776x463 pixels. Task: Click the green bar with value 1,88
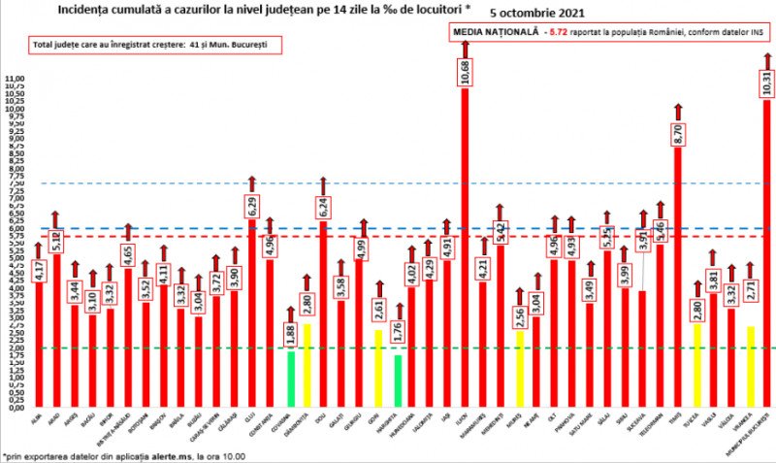[x=290, y=379]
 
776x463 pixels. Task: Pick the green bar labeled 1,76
[x=397, y=380]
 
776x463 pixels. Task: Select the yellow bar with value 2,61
[x=378, y=368]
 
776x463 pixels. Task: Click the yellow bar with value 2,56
[x=520, y=369]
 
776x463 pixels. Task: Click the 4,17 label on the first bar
[x=39, y=268]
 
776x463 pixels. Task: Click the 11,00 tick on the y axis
[x=15, y=77]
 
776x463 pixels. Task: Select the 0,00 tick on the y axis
[x=15, y=408]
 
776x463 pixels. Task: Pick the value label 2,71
[x=749, y=292]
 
